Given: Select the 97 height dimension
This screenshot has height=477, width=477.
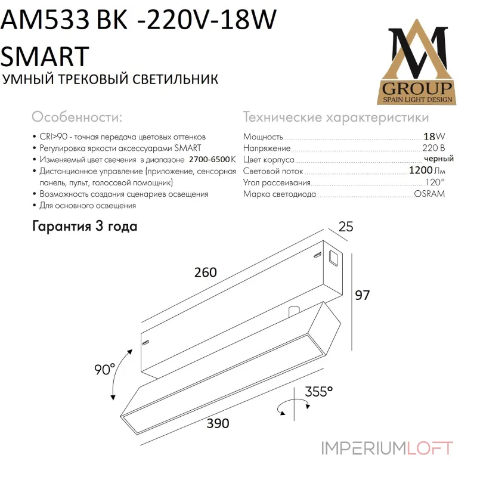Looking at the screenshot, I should tap(364, 294).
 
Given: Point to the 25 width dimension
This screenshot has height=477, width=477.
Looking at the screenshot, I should tap(345, 227).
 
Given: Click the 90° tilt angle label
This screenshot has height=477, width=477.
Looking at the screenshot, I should tap(104, 370).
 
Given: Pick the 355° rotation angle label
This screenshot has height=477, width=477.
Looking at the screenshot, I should tap(318, 392).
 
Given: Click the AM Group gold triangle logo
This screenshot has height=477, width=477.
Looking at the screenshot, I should tap(416, 65).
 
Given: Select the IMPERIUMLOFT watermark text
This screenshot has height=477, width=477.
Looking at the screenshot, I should tap(387, 448).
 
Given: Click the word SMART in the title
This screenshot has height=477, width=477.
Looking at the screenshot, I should tap(46, 56).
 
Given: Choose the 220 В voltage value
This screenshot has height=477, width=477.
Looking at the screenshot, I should tap(433, 148).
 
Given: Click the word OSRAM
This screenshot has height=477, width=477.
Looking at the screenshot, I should tap(429, 194).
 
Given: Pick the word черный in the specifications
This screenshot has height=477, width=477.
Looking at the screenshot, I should tap(438, 159).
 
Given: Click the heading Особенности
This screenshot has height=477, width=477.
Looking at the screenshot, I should tap(77, 116).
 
